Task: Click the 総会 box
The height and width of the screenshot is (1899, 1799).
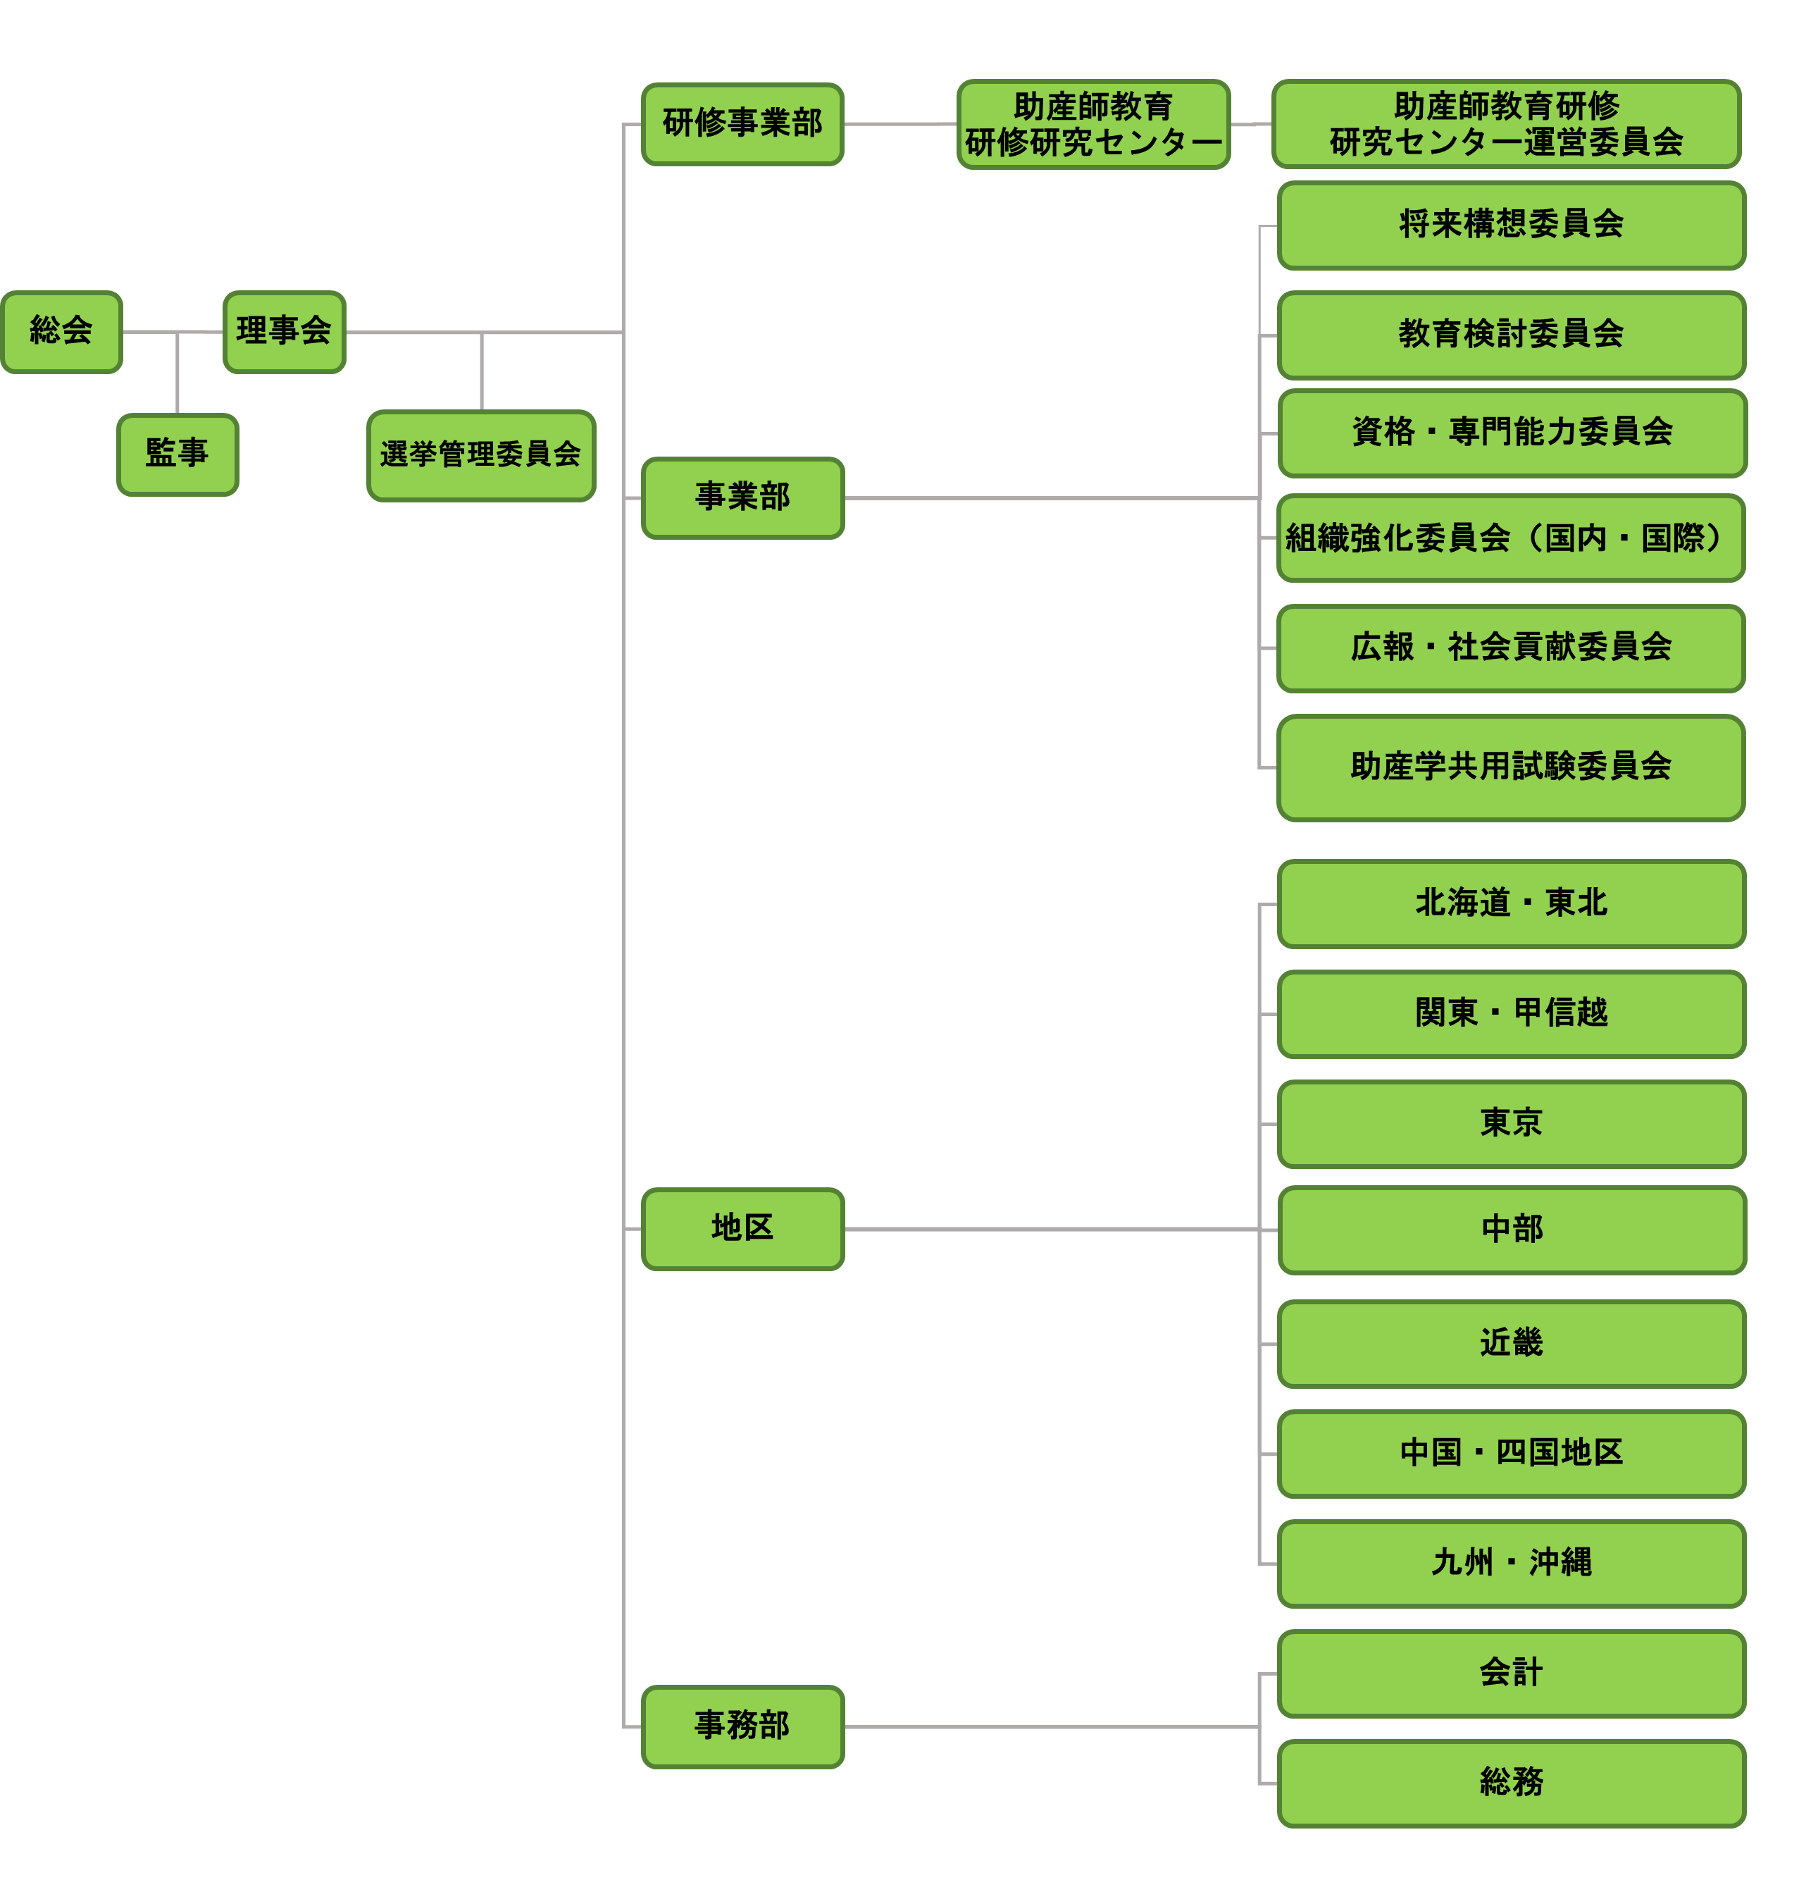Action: [61, 332]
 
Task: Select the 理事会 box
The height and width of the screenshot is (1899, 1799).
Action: [284, 332]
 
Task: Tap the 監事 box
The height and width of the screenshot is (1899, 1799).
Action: [178, 454]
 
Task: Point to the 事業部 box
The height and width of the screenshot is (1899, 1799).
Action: [742, 497]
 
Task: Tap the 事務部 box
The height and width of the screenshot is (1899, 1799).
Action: [742, 1726]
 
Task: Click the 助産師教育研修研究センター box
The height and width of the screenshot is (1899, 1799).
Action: [1093, 125]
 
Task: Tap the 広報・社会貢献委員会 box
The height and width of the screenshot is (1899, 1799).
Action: [1510, 648]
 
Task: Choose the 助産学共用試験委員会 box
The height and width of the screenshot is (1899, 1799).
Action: [1510, 767]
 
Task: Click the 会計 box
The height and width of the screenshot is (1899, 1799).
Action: [1510, 1674]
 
